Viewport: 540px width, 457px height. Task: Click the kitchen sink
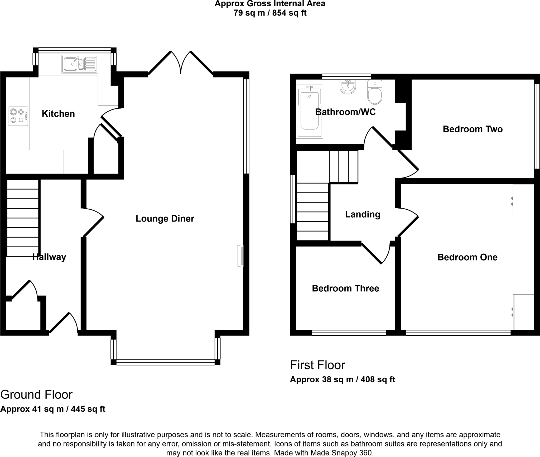pyautogui.click(x=80, y=64)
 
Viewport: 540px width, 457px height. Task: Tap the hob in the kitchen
pyautogui.click(x=18, y=116)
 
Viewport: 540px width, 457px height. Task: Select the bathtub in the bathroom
pyautogui.click(x=310, y=112)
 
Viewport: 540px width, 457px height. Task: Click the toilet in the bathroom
pyautogui.click(x=375, y=92)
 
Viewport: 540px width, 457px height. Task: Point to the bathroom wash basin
pyautogui.click(x=348, y=87)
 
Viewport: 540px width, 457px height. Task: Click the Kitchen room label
pyautogui.click(x=58, y=114)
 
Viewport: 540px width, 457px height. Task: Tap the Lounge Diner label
pyautogui.click(x=165, y=219)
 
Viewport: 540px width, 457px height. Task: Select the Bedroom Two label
pyautogui.click(x=472, y=129)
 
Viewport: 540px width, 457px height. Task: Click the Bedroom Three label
pyautogui.click(x=345, y=288)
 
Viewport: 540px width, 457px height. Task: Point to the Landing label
pyautogui.click(x=363, y=214)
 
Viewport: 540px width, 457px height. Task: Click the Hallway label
pyautogui.click(x=49, y=257)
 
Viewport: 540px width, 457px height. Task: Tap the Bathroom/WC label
pyautogui.click(x=345, y=112)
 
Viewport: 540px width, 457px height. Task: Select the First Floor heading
pyautogui.click(x=317, y=365)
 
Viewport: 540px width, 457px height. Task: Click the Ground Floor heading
pyautogui.click(x=36, y=395)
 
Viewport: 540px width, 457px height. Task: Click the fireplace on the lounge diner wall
pyautogui.click(x=241, y=256)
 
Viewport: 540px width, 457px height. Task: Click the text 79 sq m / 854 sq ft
pyautogui.click(x=270, y=13)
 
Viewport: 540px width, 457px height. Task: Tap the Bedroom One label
pyautogui.click(x=467, y=257)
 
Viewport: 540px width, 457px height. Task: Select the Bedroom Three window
pyautogui.click(x=349, y=333)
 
